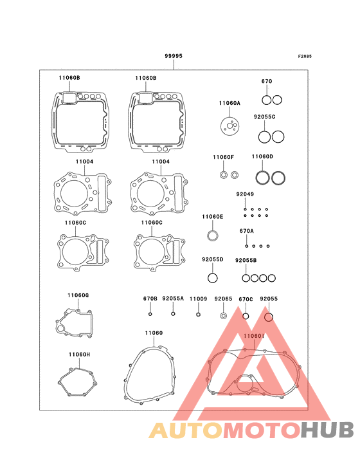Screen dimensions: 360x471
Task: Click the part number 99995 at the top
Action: [174, 56]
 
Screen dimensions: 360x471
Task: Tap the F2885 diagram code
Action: [305, 56]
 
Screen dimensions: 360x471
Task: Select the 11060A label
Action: [230, 103]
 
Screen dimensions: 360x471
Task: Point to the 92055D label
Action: [212, 259]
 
